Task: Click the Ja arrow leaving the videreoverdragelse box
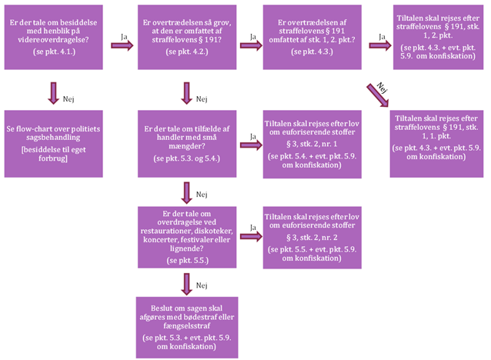coord(119,45)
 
